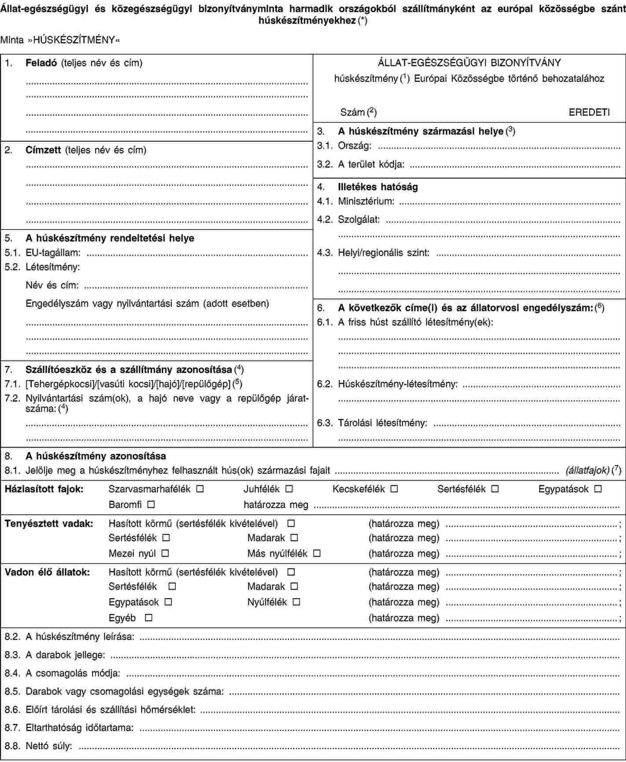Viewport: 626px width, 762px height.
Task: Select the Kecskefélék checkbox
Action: click(x=394, y=489)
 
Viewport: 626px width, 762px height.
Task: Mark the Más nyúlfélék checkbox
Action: click(x=317, y=553)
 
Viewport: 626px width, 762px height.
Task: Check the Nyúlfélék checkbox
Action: click(x=297, y=602)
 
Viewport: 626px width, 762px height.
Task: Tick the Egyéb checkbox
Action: click(x=149, y=618)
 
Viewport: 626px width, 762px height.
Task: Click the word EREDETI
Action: click(x=589, y=112)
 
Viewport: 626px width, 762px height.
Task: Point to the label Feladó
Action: click(x=42, y=63)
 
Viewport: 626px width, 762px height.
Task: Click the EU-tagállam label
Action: click(x=53, y=252)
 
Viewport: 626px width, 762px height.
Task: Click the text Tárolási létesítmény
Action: click(x=383, y=423)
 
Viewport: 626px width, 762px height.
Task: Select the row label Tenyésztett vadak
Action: click(x=49, y=524)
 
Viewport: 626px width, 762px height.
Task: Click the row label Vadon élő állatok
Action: click(x=47, y=572)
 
